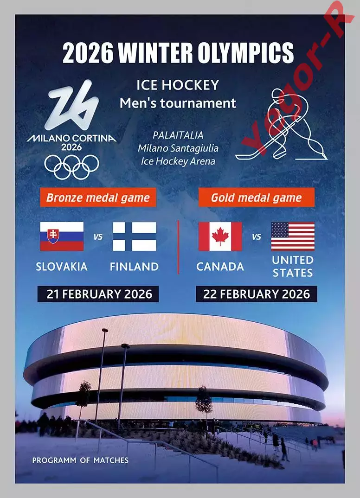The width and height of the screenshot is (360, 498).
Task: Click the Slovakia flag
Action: coord(62,236)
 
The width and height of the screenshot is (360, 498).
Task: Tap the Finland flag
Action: coord(135,236)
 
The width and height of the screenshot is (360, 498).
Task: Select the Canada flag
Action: coord(220,236)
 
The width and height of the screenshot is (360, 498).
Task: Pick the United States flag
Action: coord(293,236)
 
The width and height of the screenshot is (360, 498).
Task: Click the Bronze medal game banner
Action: coord(98,198)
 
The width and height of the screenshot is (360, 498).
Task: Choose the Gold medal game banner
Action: coord(257,198)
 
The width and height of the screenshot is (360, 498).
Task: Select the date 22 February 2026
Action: coord(257,294)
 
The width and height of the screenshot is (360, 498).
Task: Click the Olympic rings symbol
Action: coord(72,167)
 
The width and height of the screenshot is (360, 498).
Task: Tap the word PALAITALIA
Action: coord(178,135)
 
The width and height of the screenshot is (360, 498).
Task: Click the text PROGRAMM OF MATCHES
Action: coord(80,460)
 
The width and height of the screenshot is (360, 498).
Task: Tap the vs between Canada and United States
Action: coord(257,237)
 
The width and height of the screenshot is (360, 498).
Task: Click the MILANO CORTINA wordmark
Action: coord(72,139)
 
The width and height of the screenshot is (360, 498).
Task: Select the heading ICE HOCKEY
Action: coord(178,85)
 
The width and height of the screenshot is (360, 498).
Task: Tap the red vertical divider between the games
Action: coord(178,247)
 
